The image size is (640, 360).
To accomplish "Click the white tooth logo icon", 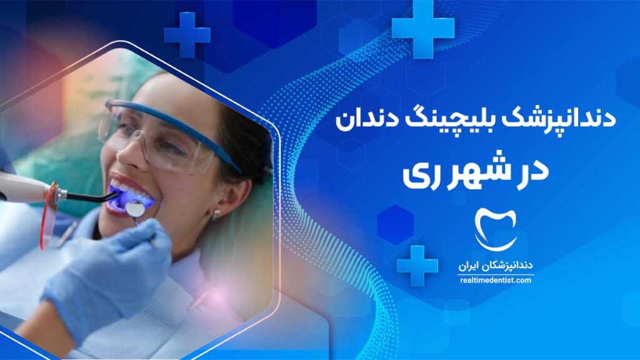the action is pos(496,229).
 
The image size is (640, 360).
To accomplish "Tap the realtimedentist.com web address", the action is pos(496,281).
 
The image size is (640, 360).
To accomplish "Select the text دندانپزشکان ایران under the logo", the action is pos(496,266).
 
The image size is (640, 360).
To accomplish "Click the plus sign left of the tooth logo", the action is pos(417,265).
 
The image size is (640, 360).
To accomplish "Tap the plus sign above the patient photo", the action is pos(187,35).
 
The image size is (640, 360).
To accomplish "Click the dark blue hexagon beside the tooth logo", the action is pos(395,225).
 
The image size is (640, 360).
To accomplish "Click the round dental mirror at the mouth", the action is pos(135,209).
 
